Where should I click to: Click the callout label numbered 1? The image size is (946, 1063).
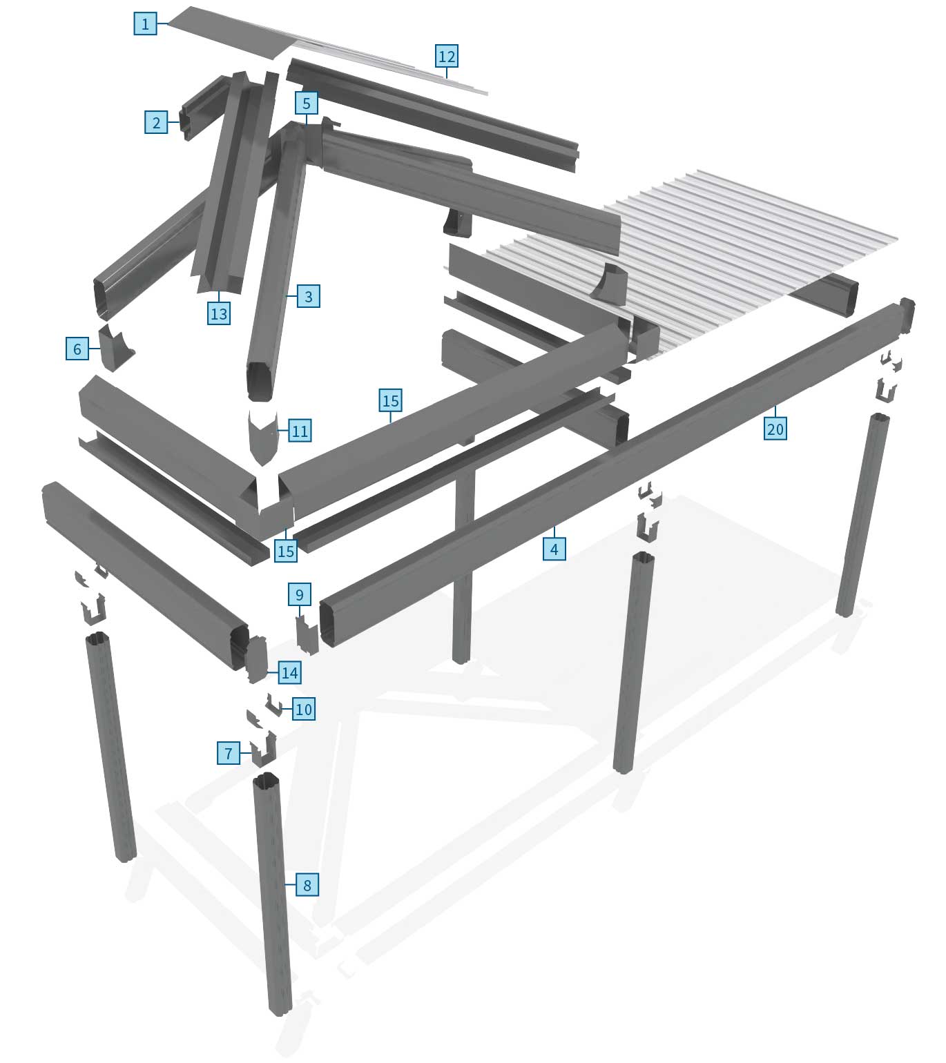pos(146,23)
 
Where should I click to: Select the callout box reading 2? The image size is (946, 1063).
pos(156,122)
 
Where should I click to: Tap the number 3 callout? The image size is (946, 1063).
pos(308,296)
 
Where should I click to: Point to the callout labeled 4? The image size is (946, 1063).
pos(554,549)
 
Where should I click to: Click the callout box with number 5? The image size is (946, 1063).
pos(306,103)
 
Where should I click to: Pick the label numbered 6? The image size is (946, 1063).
pos(77,349)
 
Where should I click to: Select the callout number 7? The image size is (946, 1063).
pos(229,754)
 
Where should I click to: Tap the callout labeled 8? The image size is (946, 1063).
pos(307,885)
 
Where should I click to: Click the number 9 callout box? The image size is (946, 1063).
pos(299,594)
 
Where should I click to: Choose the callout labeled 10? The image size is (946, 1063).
pos(303,709)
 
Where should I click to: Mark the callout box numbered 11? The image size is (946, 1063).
pos(299,431)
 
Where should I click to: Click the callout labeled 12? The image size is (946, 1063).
pos(446,56)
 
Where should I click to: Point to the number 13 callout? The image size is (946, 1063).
pos(218,314)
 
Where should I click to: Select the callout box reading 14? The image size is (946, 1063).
pos(289,672)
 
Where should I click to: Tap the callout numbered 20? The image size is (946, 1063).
pos(775,429)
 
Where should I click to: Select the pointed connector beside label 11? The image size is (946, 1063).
pos(262,436)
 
